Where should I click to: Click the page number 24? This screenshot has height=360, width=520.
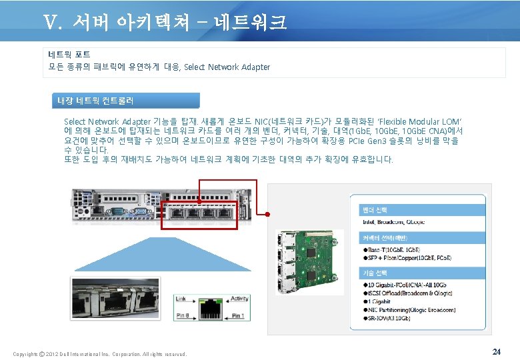pos(496,351)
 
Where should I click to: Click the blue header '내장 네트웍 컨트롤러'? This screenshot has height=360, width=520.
pos(95,101)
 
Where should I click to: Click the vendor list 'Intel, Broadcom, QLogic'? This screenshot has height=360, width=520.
pos(393,221)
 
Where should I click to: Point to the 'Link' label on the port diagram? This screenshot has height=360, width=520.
pos(181,299)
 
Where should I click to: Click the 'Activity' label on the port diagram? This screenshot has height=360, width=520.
pos(239,299)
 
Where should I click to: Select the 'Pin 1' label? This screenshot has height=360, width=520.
pos(238,316)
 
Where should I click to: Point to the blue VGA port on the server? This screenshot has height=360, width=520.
pos(118,211)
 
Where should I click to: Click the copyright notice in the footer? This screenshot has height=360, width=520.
pos(100,354)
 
